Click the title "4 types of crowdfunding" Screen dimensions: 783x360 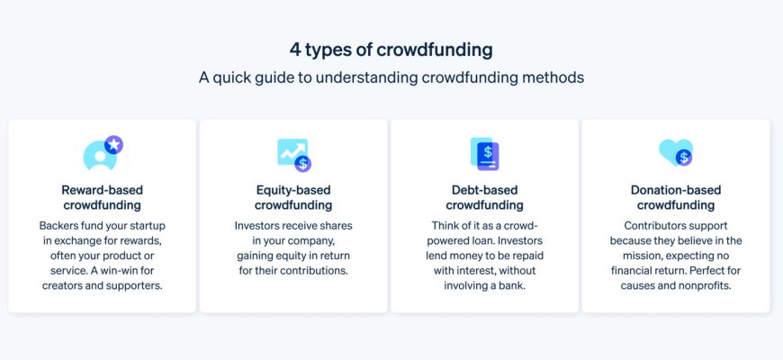(x=391, y=49)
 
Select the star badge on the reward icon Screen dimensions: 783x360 (x=114, y=145)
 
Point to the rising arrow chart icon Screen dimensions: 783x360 (x=292, y=152)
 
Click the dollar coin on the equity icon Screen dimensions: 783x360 (x=302, y=163)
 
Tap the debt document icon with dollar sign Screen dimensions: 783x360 (x=485, y=154)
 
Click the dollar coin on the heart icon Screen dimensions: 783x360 (x=684, y=158)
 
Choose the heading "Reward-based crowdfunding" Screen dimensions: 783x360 (x=102, y=198)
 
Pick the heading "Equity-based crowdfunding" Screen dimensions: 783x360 (x=293, y=198)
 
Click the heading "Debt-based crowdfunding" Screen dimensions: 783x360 (x=484, y=198)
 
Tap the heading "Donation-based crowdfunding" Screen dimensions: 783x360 (x=676, y=198)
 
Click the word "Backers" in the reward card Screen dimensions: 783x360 (x=57, y=226)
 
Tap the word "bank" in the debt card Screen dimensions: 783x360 (x=516, y=286)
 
